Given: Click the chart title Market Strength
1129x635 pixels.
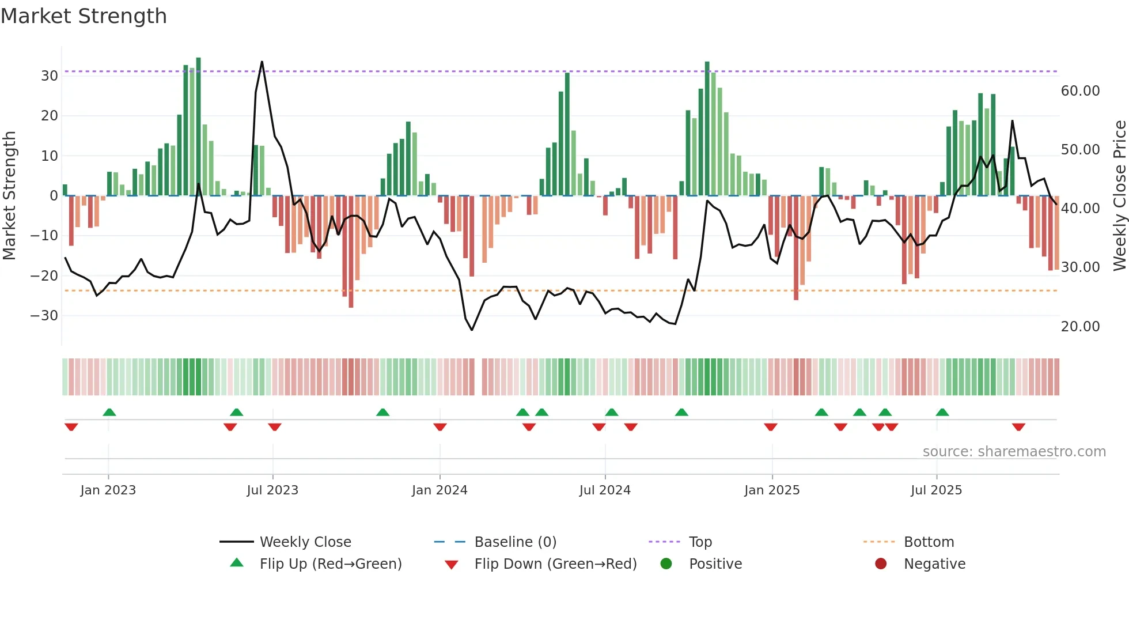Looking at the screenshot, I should coord(84,16).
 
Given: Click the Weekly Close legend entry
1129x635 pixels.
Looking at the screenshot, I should coord(305,542).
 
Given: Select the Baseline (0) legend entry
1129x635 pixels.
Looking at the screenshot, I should coord(515,542).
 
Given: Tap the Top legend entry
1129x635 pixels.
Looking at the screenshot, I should coord(700,542).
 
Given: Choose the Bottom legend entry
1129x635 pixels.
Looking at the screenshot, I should coord(929,542).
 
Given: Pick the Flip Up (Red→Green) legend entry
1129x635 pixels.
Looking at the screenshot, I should coord(330,564).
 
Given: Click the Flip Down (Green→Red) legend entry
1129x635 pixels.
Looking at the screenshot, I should coord(555,564).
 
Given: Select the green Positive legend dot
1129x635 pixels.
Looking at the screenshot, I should coord(666,564).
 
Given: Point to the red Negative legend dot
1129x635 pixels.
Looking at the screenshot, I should coord(881,564).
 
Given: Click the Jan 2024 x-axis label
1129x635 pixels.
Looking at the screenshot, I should coord(440,490).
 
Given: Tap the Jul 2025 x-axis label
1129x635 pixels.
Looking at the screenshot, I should coord(936,490).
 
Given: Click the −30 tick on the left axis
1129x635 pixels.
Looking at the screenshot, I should coord(44,316).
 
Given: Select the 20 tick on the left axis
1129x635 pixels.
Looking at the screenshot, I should coord(49,116).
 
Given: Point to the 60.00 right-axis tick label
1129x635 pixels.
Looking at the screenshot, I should coord(1080,91).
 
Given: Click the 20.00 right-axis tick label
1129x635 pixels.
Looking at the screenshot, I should coord(1080,327).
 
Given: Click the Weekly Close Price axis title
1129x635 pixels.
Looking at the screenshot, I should coord(1119,196).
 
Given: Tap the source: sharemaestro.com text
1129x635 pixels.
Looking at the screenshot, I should coord(1014,452).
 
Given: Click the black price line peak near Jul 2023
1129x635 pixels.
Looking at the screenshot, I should coord(262,62).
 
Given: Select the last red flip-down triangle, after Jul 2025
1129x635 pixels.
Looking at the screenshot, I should coord(1018,427).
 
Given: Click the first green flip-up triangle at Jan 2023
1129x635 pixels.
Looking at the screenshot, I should coord(109,412).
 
